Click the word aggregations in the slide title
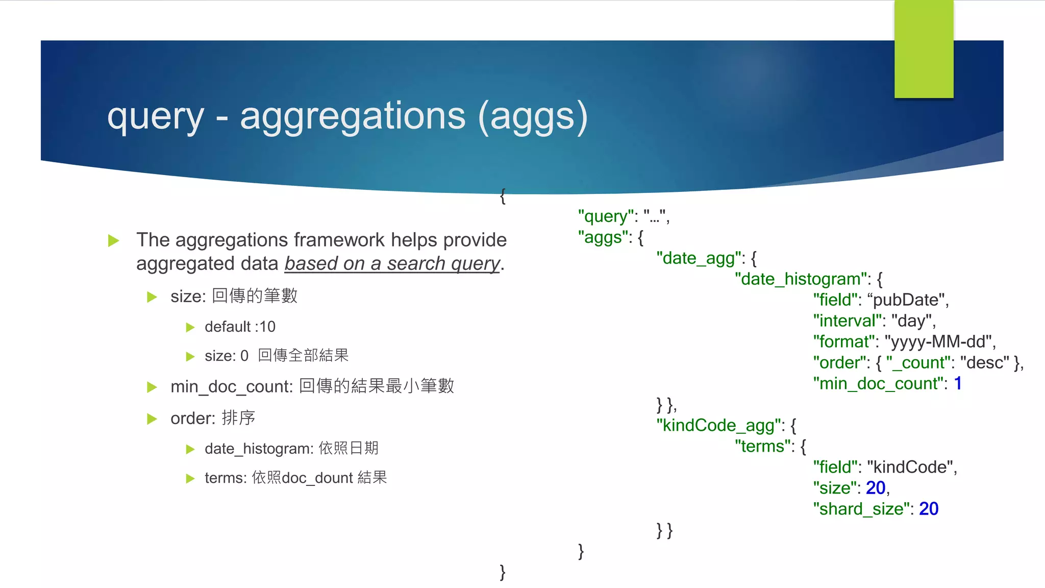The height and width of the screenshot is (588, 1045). [352, 116]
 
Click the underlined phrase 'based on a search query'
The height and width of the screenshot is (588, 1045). [392, 263]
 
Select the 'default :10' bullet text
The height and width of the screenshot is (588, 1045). [240, 327]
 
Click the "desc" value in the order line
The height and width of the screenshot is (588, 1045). [984, 363]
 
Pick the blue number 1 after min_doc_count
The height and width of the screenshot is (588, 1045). [958, 383]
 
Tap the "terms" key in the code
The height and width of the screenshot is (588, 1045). [762, 446]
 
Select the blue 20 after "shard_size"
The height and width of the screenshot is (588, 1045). [929, 509]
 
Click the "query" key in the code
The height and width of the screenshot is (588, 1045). [605, 216]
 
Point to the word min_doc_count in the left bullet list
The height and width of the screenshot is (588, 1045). [231, 387]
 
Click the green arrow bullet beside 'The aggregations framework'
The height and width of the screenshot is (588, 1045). [114, 240]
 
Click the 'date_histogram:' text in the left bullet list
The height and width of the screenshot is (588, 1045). [259, 449]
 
